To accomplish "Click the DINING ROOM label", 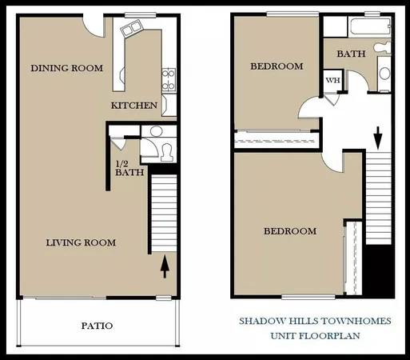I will click(67, 69).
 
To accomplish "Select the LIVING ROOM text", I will click(81, 243).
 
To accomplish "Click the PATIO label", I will click(97, 326).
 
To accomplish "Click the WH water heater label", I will click(332, 81).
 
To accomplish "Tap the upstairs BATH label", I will click(350, 54).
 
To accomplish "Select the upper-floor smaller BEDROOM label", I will click(277, 66).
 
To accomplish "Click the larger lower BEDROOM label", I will click(289, 231).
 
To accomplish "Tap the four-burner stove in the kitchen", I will click(169, 78).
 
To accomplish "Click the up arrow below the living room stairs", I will click(165, 266).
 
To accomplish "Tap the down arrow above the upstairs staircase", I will click(378, 137).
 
